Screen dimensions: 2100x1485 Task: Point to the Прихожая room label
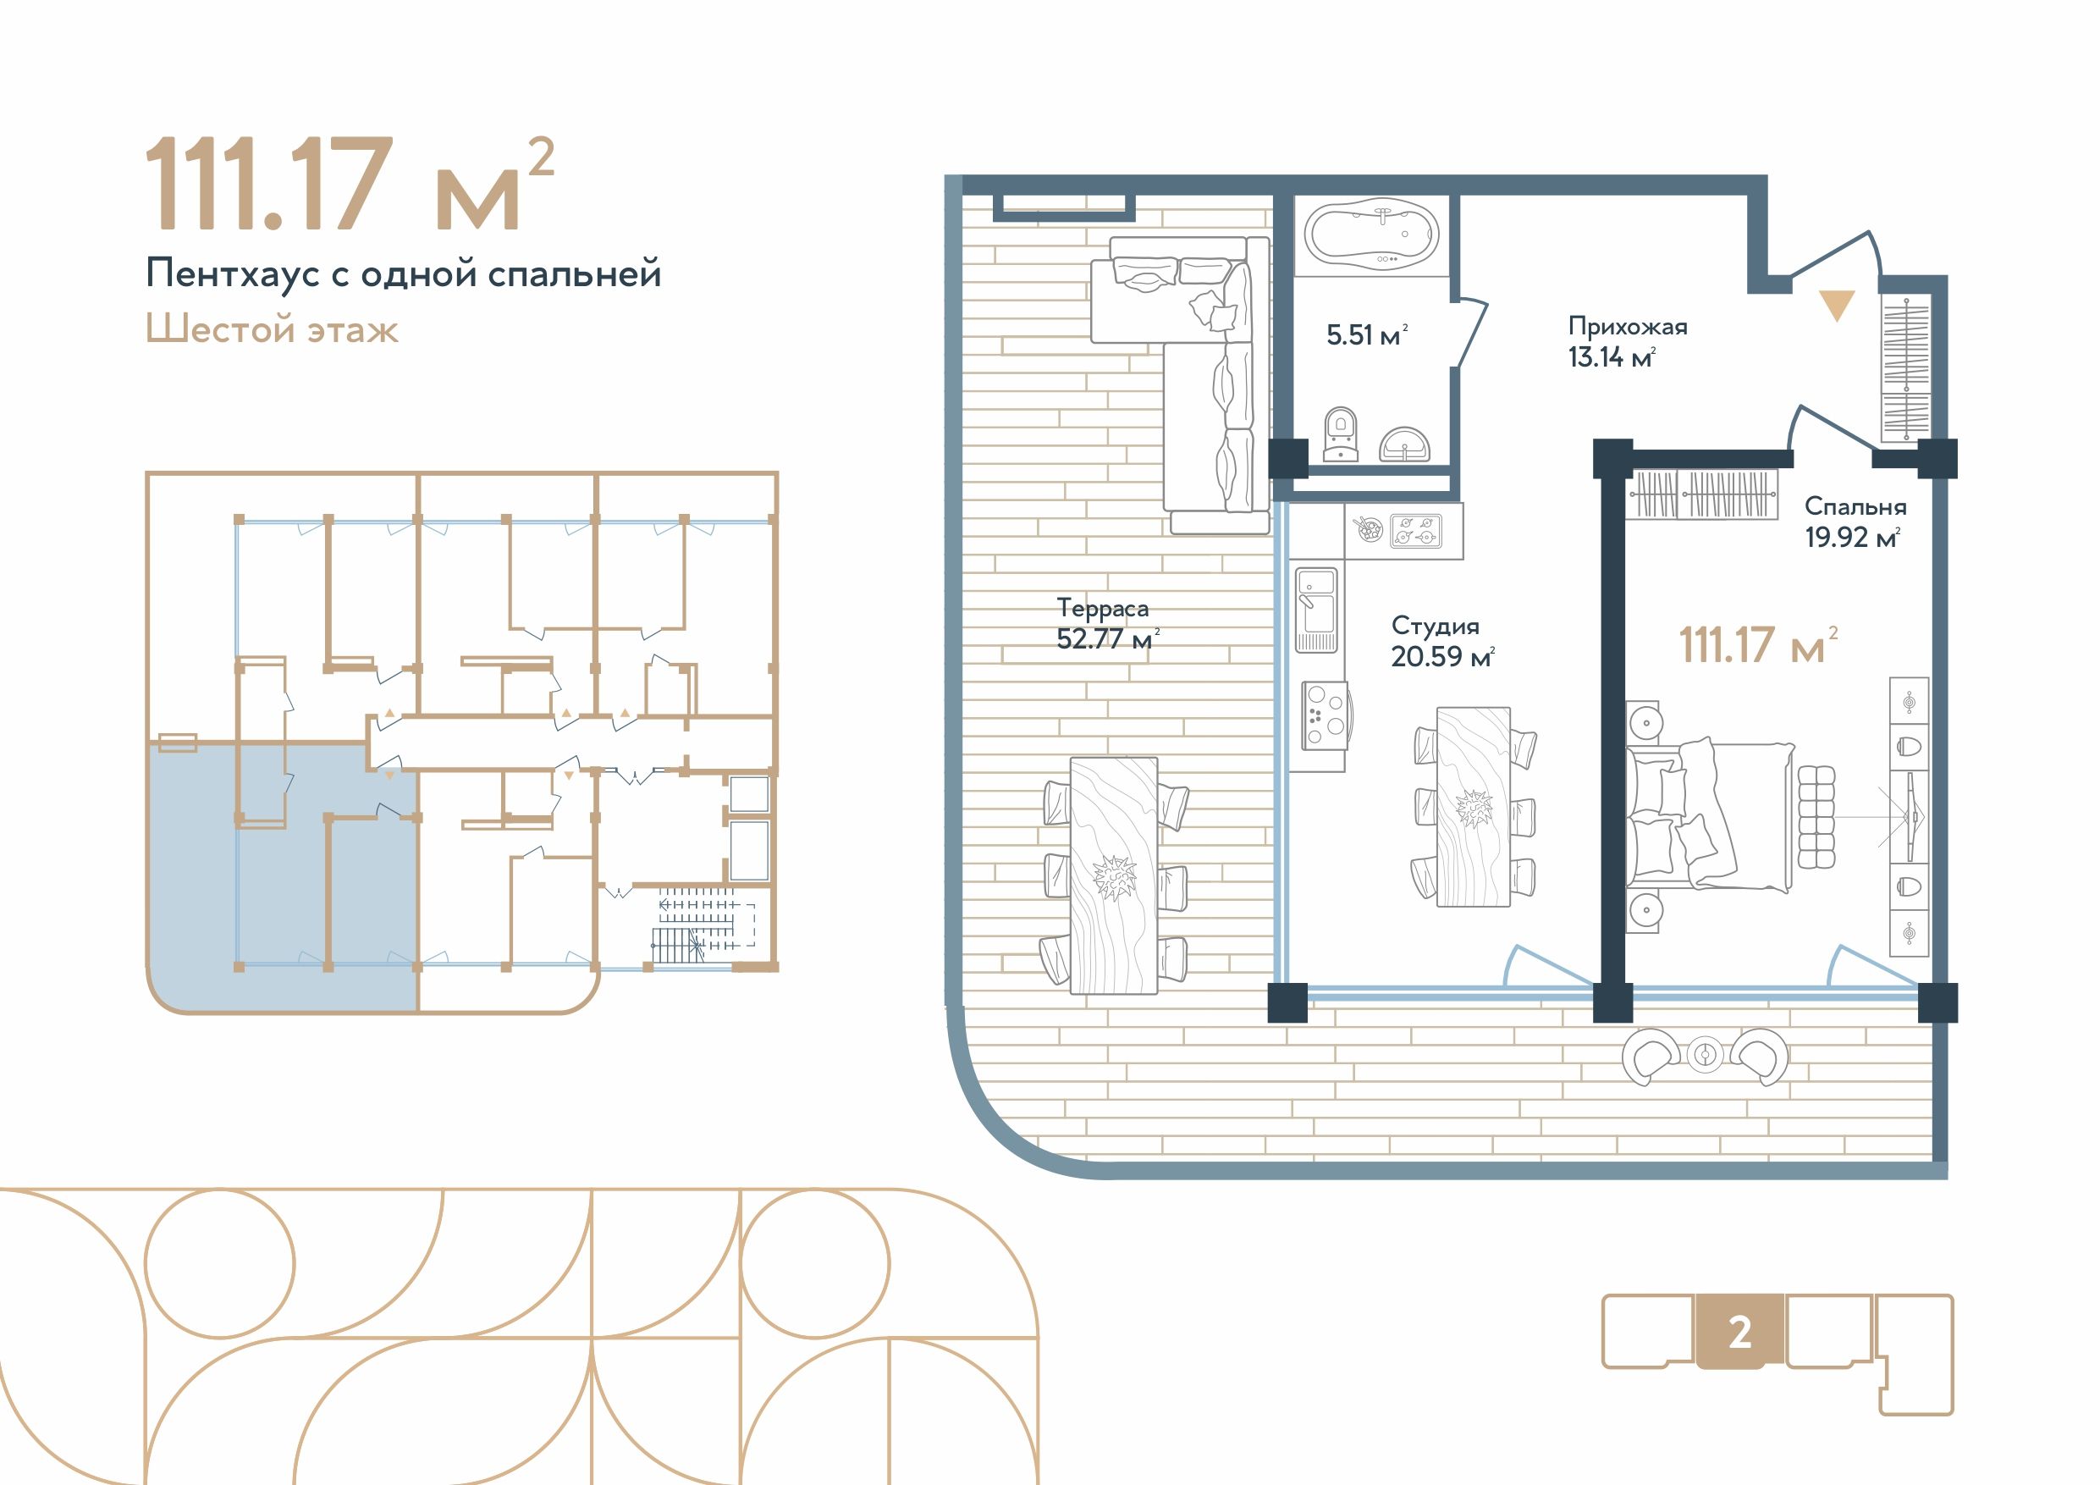(1627, 326)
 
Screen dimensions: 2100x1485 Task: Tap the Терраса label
(1102, 609)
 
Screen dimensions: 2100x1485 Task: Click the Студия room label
(1435, 626)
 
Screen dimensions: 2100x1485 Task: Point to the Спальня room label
(1855, 506)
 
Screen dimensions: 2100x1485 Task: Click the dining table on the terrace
(1114, 875)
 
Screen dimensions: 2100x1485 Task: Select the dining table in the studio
(1473, 806)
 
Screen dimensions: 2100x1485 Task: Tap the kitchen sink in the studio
(1316, 610)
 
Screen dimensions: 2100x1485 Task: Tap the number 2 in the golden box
(1739, 1333)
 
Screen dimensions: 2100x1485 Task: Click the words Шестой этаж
(272, 329)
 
